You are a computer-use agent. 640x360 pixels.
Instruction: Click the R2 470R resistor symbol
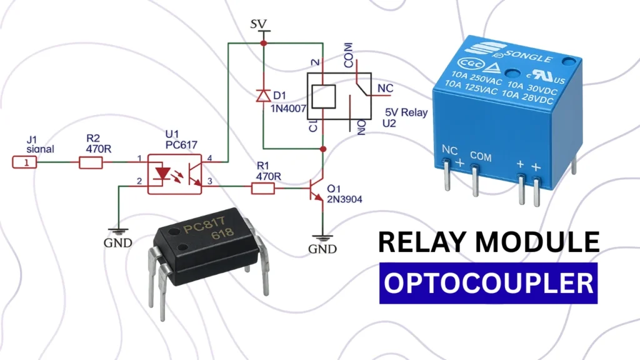pos(90,163)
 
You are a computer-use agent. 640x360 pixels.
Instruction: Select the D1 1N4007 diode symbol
pos(263,96)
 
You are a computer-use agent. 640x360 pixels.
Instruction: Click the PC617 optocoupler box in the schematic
pos(174,174)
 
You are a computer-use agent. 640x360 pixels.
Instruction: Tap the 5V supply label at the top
pos(258,24)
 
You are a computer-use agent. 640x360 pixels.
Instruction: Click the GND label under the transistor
pos(322,248)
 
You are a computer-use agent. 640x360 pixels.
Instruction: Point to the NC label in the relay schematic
pos(385,89)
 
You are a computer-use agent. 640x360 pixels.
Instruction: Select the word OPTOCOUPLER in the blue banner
pos(488,283)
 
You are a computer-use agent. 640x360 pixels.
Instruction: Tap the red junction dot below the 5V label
pos(263,43)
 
